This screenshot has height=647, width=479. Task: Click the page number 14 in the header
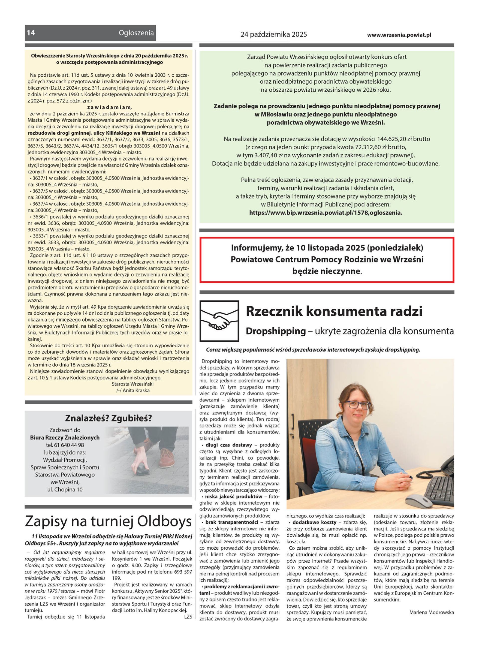[x=31, y=33]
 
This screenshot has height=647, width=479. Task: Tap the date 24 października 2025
[x=273, y=35]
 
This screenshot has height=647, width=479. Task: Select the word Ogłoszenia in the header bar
[x=136, y=33]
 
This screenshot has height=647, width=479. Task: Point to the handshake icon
[x=219, y=321]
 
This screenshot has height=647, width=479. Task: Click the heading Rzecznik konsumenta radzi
[x=334, y=311]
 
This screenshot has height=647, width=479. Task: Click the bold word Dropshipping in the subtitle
[x=276, y=331]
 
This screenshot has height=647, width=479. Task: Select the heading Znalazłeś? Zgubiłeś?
[x=109, y=418]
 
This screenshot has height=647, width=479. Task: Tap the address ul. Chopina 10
[x=65, y=490]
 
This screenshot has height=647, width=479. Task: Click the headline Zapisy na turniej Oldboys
[x=109, y=521]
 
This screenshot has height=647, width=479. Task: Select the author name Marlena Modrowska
[x=431, y=613]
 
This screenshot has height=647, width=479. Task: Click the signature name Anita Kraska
[x=136, y=391]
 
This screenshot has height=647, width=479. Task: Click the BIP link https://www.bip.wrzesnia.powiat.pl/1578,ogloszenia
[x=326, y=213]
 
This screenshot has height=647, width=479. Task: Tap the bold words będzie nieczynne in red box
[x=326, y=271]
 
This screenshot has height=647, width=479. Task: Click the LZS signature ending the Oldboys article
[x=188, y=617]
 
